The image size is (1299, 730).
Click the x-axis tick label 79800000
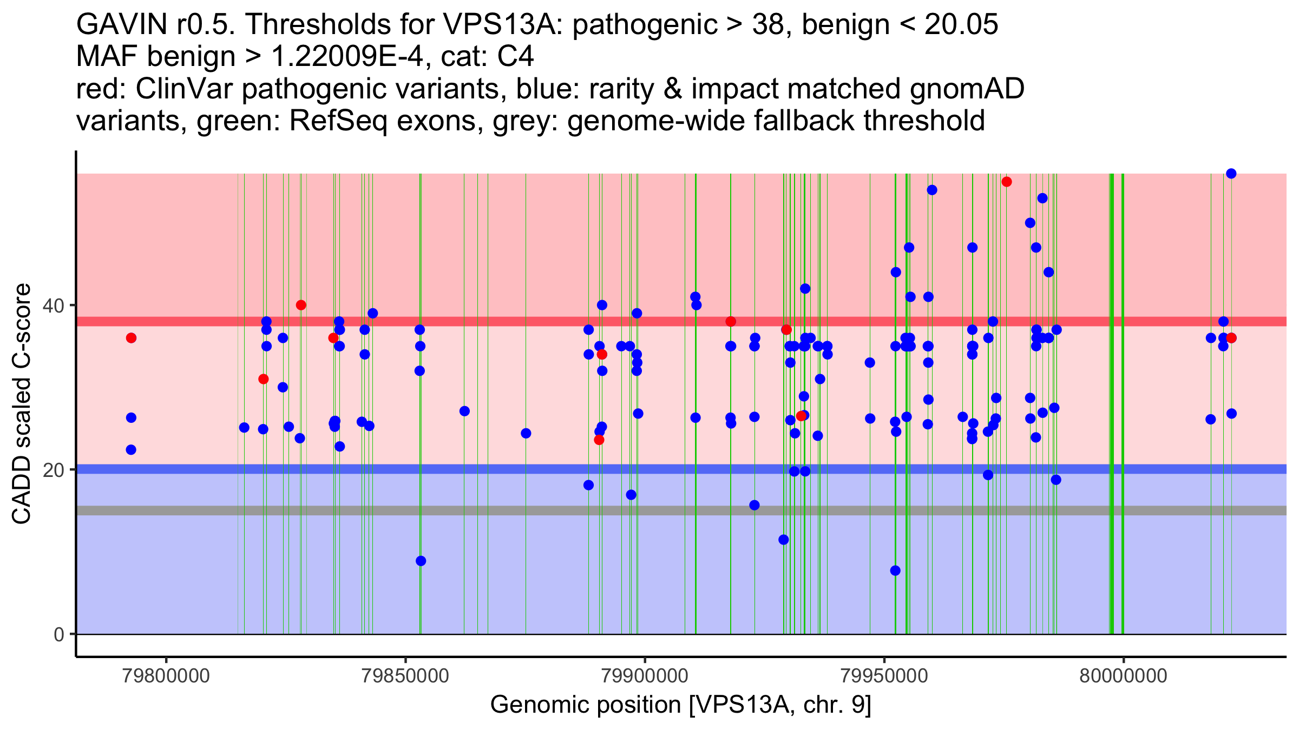pyautogui.click(x=166, y=676)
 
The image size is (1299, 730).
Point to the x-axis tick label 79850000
pyautogui.click(x=405, y=676)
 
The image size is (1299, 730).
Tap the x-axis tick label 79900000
pyautogui.click(x=645, y=676)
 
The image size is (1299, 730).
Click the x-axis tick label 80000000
pyautogui.click(x=1123, y=676)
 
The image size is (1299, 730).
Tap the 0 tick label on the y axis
pyautogui.click(x=59, y=634)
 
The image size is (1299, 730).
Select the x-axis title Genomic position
pyautogui.click(x=680, y=705)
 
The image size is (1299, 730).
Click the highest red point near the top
pyautogui.click(x=1007, y=182)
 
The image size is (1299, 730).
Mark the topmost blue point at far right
pyautogui.click(x=1231, y=174)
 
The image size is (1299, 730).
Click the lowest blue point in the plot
pyautogui.click(x=895, y=570)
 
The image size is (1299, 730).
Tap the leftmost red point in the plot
pyautogui.click(x=131, y=338)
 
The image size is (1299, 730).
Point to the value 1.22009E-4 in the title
pyautogui.click(x=346, y=56)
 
